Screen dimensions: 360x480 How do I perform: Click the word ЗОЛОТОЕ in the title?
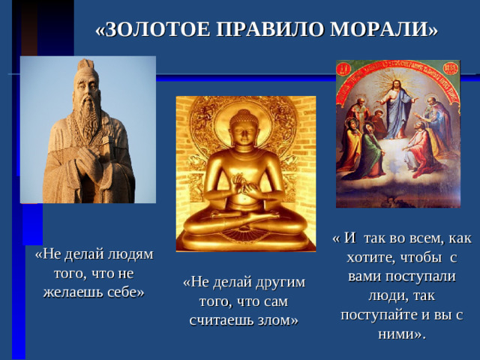point(154,29)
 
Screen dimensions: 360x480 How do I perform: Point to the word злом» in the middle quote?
point(277,320)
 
